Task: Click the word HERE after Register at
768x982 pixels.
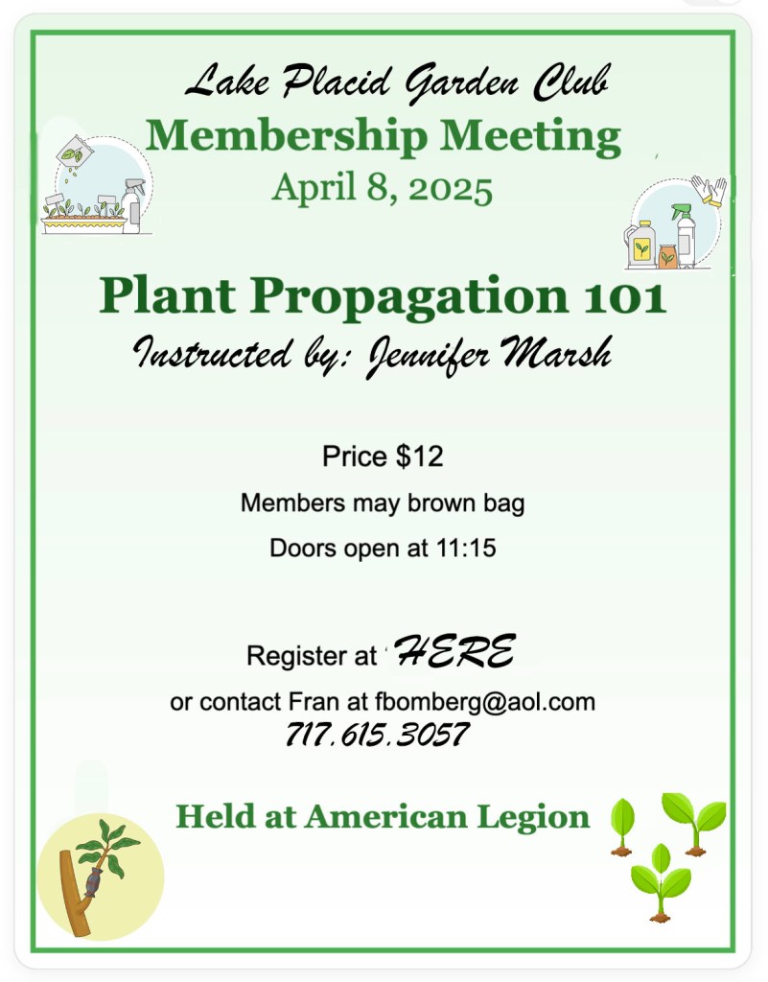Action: pyautogui.click(x=455, y=651)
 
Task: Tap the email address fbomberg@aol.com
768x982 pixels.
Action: pyautogui.click(x=485, y=703)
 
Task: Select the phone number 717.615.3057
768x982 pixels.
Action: pyautogui.click(x=378, y=735)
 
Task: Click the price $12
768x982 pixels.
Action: pyautogui.click(x=419, y=456)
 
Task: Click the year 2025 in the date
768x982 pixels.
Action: pyautogui.click(x=451, y=189)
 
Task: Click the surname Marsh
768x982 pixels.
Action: pyautogui.click(x=556, y=353)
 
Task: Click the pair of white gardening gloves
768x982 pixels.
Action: pyautogui.click(x=710, y=191)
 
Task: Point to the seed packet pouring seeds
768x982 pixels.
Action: pyautogui.click(x=74, y=151)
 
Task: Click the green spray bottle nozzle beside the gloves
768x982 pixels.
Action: pyautogui.click(x=682, y=212)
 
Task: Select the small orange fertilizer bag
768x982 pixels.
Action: pyautogui.click(x=668, y=255)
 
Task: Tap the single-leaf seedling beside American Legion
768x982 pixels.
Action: pyautogui.click(x=622, y=827)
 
